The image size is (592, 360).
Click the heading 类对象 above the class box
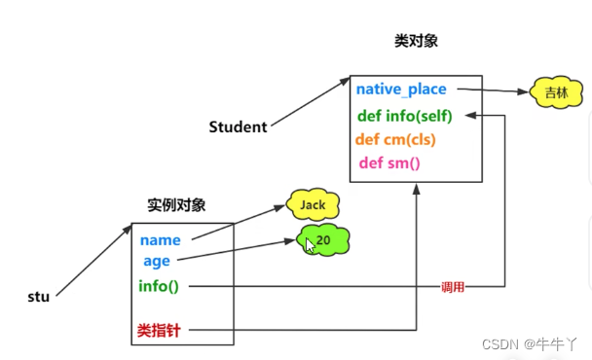pos(415,42)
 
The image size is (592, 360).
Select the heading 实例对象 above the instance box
pos(176,205)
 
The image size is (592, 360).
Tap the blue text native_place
pos(401,90)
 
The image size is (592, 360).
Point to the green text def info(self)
pos(405,116)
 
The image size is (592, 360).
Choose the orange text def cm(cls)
pos(395,139)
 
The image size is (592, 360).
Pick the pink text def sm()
pos(389,162)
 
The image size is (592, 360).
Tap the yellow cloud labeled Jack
pos(313,205)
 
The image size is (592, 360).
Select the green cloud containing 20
pos(324,238)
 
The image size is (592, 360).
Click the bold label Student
pos(239,127)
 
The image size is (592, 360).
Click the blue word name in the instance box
pos(160,240)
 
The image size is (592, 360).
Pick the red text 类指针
pos(159,331)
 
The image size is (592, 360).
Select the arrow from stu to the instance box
pos(93,260)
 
